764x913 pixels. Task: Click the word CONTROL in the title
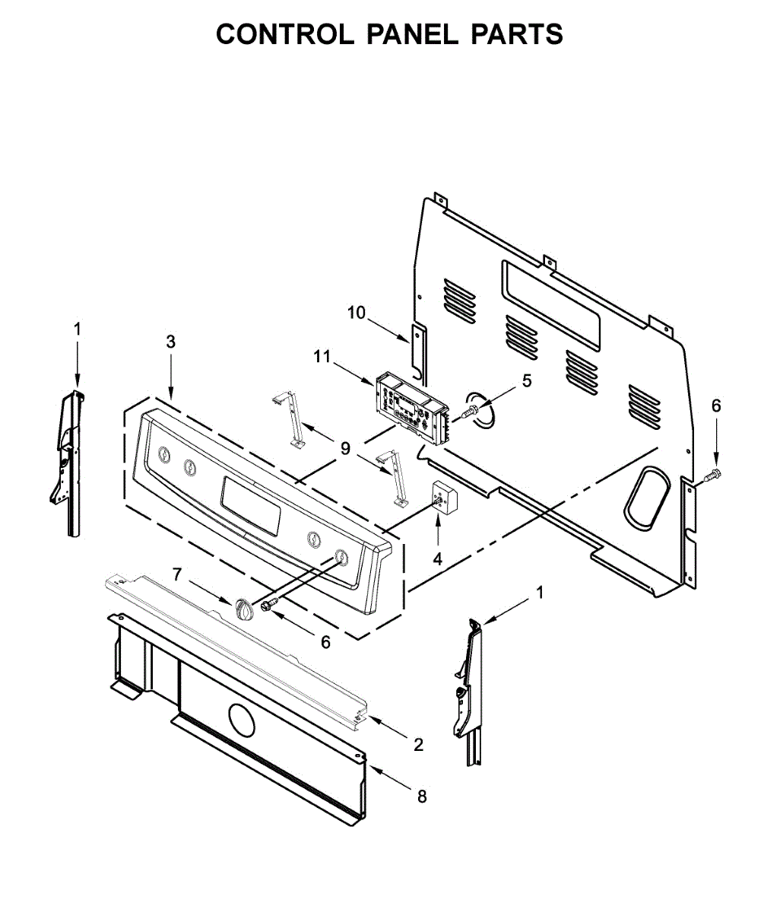[x=285, y=33]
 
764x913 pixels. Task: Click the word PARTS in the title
[x=517, y=33]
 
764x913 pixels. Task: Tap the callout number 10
[x=356, y=313]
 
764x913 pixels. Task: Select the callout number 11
[x=322, y=356]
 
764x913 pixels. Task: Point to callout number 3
[x=170, y=342]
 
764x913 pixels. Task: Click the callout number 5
[x=527, y=381]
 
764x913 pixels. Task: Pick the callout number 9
[x=345, y=448]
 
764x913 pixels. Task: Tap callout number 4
[x=437, y=558]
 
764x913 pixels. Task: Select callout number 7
[x=176, y=574]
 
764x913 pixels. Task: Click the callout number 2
[x=418, y=744]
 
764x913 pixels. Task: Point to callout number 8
[x=422, y=797]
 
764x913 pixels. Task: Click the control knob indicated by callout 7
[x=243, y=609]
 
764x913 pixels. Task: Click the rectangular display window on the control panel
[x=251, y=506]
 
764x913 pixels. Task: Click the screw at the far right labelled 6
[x=714, y=474]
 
